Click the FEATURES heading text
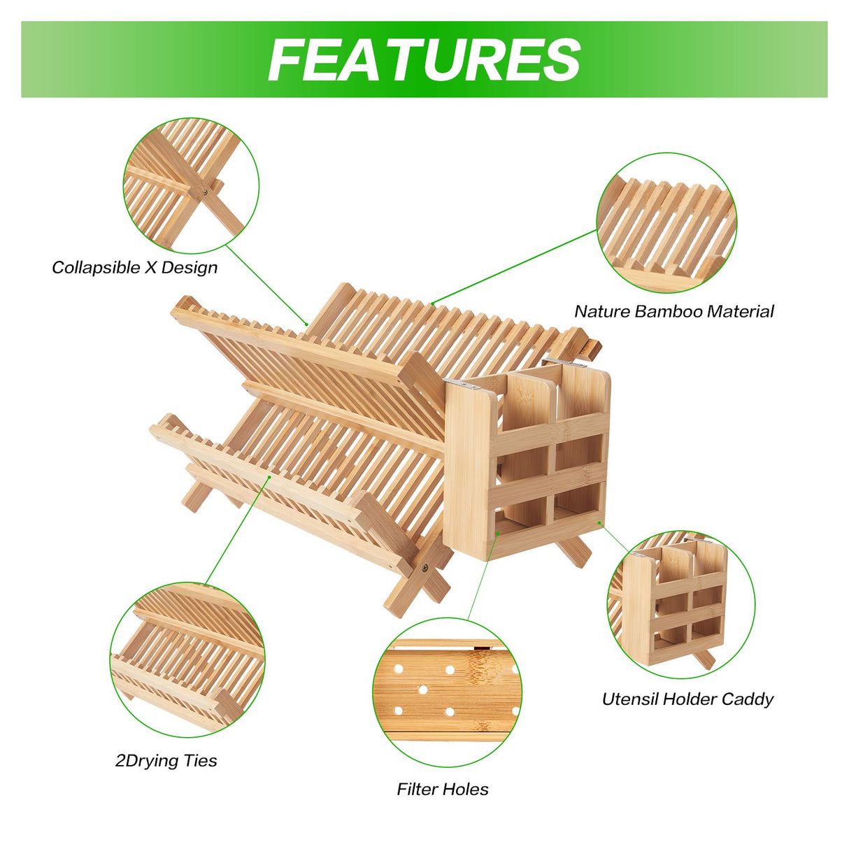tap(424, 59)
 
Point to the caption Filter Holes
tap(443, 789)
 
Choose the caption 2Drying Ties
tap(166, 761)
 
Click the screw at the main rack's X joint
tap(425, 569)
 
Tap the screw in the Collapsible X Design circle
tap(206, 192)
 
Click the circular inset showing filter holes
tap(447, 692)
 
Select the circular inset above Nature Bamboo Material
tap(666, 223)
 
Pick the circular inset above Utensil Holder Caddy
tap(681, 604)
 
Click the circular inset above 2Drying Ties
tap(187, 659)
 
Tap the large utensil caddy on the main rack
tap(527, 459)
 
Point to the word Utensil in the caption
tap(630, 699)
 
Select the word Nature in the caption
tap(602, 311)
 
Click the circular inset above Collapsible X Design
tap(191, 185)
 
